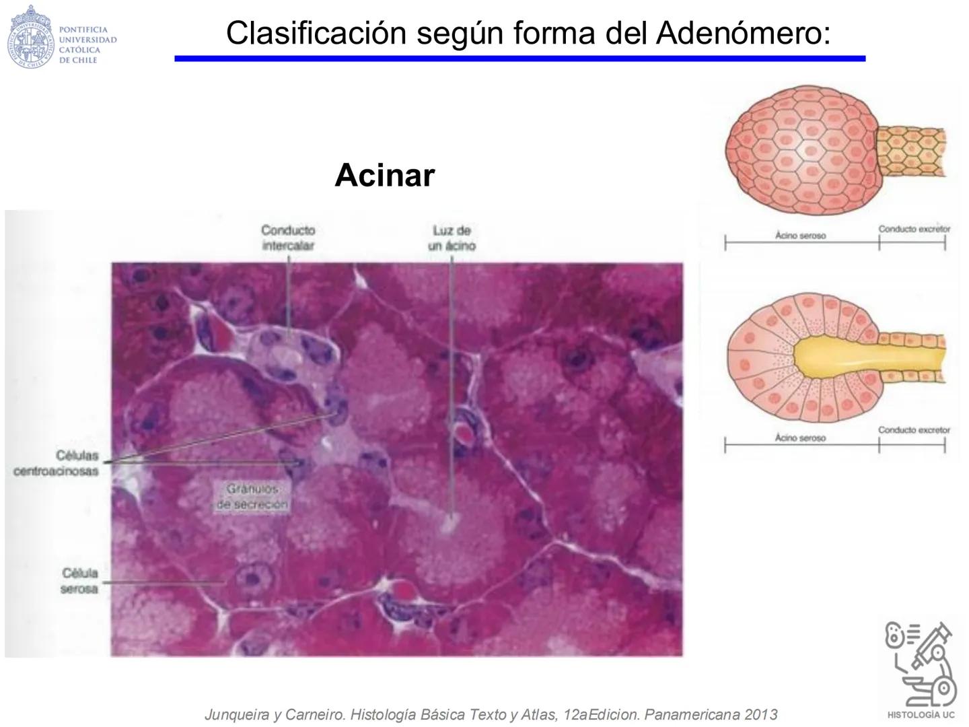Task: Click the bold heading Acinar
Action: [384, 175]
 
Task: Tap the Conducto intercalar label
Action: [288, 238]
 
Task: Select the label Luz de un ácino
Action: [452, 238]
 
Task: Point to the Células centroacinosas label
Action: [57, 463]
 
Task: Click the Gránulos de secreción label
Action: [252, 497]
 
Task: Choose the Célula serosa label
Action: [79, 581]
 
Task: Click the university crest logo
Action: [30, 37]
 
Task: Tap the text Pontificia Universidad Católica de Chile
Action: [87, 44]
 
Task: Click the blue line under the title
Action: [519, 59]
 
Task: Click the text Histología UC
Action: [921, 715]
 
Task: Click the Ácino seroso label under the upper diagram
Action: [800, 236]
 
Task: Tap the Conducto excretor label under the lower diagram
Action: [914, 430]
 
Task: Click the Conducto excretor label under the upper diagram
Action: [914, 229]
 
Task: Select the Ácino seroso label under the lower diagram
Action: [800, 438]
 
